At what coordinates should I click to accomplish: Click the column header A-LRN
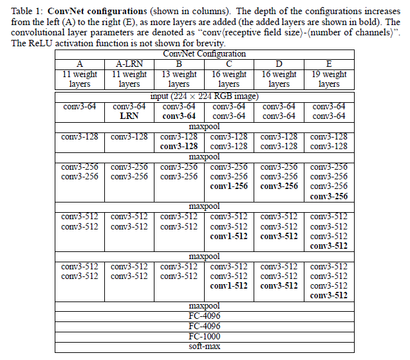(x=129, y=64)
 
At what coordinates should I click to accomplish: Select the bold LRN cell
(x=129, y=116)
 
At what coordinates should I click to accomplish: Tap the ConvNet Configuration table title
(x=205, y=55)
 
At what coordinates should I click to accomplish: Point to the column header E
(x=328, y=64)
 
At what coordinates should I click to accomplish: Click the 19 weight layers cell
(x=328, y=79)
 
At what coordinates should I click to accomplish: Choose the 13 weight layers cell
(x=179, y=79)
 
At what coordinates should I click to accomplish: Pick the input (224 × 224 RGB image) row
(x=205, y=96)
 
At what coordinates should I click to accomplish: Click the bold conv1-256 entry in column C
(x=228, y=186)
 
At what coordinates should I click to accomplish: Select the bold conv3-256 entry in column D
(x=279, y=186)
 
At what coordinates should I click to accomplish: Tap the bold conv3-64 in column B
(x=179, y=116)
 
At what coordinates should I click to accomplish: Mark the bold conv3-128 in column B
(x=179, y=147)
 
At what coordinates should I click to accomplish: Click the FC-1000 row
(x=205, y=336)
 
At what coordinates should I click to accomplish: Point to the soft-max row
(x=205, y=346)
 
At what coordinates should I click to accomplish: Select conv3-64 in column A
(x=80, y=106)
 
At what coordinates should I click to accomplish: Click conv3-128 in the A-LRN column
(x=129, y=137)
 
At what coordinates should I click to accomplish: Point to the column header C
(x=228, y=64)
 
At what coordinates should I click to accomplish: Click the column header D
(x=279, y=64)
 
